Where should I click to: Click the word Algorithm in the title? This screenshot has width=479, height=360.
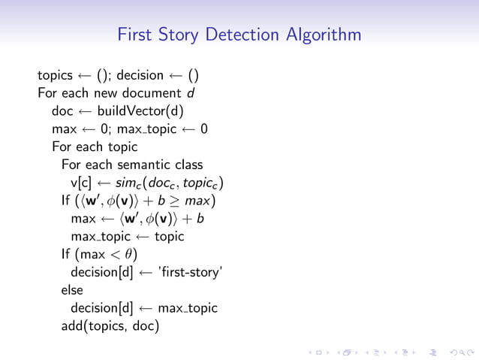point(324,35)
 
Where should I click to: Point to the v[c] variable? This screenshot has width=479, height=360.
point(81,183)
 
